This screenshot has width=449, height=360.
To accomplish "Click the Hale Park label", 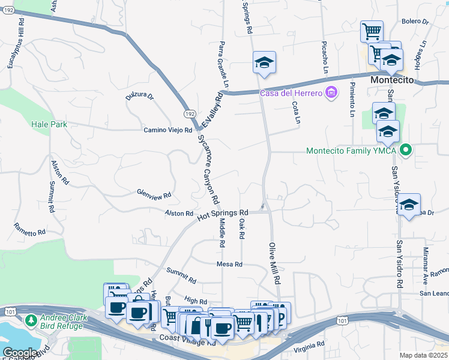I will click(x=49, y=124).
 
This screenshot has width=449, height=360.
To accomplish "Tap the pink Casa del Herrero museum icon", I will click(x=330, y=92).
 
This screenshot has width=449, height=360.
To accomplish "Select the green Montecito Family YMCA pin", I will click(x=406, y=151).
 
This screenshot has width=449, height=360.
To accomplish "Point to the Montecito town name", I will click(x=393, y=80).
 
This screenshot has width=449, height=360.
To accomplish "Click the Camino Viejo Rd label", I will click(x=167, y=130).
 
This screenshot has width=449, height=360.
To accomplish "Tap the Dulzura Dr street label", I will click(x=140, y=96).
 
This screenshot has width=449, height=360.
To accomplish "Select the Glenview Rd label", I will click(x=154, y=194).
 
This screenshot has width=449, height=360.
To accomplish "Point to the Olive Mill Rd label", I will click(x=274, y=255).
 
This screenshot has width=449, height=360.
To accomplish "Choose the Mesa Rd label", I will click(x=230, y=264).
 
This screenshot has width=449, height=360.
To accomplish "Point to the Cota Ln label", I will click(x=296, y=112).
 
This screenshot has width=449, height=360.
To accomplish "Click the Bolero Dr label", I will click(x=415, y=22).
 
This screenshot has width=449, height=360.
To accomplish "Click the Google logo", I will click(x=20, y=353).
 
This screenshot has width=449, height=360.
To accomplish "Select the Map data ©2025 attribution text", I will click(x=423, y=355).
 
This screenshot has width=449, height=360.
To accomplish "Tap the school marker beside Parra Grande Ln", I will click(x=264, y=64).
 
